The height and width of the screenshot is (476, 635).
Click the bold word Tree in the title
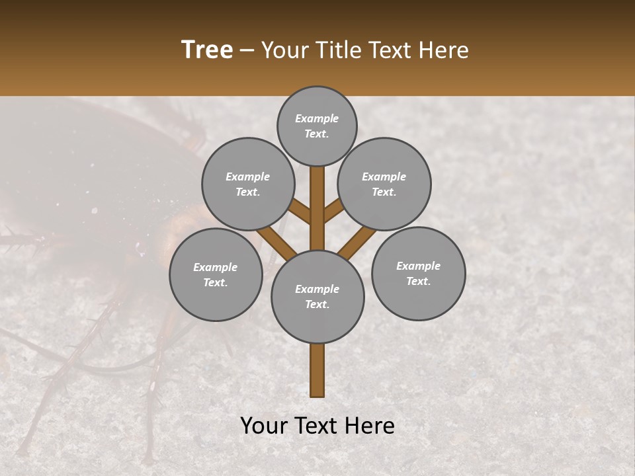click(207, 50)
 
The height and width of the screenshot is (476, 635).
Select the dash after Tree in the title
click(247, 51)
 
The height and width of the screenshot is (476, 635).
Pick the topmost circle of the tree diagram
click(317, 126)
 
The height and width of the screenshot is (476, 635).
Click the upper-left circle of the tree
click(247, 184)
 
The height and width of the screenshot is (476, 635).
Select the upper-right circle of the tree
click(384, 184)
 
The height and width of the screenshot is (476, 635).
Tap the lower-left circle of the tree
click(216, 274)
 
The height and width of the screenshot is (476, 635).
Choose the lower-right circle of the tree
click(418, 273)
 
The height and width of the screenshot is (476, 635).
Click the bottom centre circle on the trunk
click(317, 296)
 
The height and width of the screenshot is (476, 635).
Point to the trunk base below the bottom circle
click(317, 370)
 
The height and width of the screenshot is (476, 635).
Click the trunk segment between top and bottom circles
click(317, 208)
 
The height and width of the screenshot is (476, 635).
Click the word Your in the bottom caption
click(265, 426)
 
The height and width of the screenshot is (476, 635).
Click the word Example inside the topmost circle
click(317, 118)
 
